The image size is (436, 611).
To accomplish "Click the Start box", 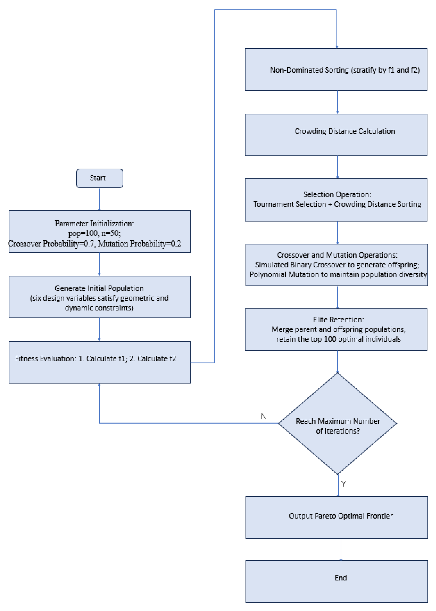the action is pos(100,178).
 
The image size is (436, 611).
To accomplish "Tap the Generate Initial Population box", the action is pos(100,297).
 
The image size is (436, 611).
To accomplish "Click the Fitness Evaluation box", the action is pos(100,362).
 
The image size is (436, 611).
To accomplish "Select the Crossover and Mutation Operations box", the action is pos(337,265).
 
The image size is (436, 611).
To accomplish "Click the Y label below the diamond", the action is pos(343,484).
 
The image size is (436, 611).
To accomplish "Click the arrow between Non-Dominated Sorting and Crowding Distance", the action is pos(338,102).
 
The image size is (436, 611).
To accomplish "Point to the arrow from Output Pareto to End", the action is pos(341,549).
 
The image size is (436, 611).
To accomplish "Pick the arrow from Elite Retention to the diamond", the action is pos(338,362).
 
